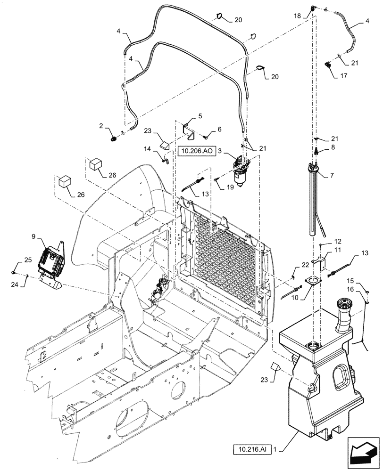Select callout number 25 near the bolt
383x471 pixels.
click(28, 260)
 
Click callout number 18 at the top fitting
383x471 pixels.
click(297, 16)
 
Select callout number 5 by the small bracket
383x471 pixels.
click(200, 115)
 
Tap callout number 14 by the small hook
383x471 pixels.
click(149, 149)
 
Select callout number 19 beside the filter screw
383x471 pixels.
click(230, 187)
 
